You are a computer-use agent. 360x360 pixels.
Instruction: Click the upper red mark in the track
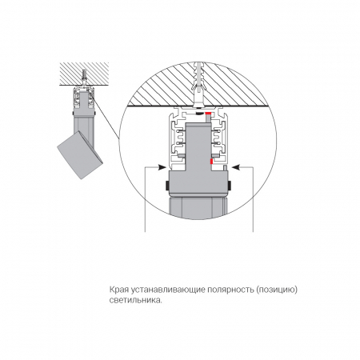pyautogui.click(x=208, y=114)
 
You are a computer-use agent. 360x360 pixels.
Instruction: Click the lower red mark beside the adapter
pyautogui.click(x=211, y=162)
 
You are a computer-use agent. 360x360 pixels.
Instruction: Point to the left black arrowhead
pyautogui.click(x=162, y=167)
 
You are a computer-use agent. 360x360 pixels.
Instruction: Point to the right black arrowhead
pyautogui.click(x=236, y=167)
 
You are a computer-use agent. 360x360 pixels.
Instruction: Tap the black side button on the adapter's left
pyautogui.click(x=166, y=186)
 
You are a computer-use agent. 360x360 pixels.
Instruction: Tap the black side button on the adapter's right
pyautogui.click(x=230, y=186)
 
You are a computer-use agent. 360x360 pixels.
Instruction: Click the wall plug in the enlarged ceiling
pyautogui.click(x=198, y=85)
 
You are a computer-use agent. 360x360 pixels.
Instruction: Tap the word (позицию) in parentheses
pyautogui.click(x=277, y=290)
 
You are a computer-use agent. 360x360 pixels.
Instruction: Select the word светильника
pyautogui.click(x=135, y=300)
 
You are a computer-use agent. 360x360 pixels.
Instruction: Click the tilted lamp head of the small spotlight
pyautogui.click(x=80, y=154)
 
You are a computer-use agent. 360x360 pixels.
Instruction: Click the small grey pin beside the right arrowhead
pyautogui.click(x=225, y=168)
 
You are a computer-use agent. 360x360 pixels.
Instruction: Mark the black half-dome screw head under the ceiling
pyautogui.click(x=199, y=114)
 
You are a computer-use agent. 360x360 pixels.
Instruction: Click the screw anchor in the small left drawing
pyautogui.click(x=84, y=78)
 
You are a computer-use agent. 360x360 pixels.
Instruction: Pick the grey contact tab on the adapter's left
pyautogui.click(x=182, y=155)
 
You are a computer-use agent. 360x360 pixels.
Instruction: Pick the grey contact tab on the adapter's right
pyautogui.click(x=215, y=155)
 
